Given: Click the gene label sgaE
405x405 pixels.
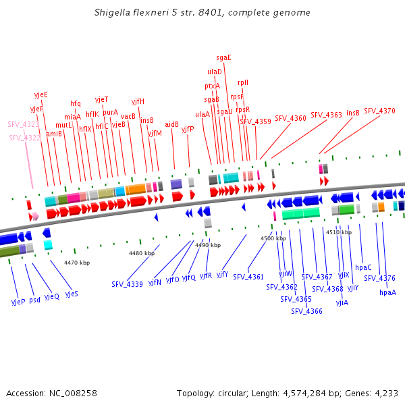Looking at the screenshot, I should click(223, 57).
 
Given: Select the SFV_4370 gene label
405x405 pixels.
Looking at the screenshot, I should click(379, 111).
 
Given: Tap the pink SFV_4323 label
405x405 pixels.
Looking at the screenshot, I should click(24, 124).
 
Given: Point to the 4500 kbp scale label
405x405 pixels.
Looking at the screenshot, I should click(273, 238).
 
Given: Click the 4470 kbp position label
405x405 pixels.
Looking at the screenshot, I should click(77, 262).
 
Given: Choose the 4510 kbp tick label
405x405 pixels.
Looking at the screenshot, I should click(338, 232).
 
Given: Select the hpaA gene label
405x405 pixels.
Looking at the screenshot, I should click(387, 292).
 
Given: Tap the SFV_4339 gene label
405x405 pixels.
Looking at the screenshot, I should click(127, 284).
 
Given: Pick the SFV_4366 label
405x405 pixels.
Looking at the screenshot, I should click(306, 311).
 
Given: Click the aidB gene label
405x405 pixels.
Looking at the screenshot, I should click(171, 124).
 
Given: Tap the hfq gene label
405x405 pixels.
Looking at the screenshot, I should click(76, 104).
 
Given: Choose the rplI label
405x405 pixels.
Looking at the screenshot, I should click(243, 82).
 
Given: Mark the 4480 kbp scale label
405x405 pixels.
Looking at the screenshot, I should click(142, 253).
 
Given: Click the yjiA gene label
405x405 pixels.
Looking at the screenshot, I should click(342, 302).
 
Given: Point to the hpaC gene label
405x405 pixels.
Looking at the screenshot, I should click(363, 267).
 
